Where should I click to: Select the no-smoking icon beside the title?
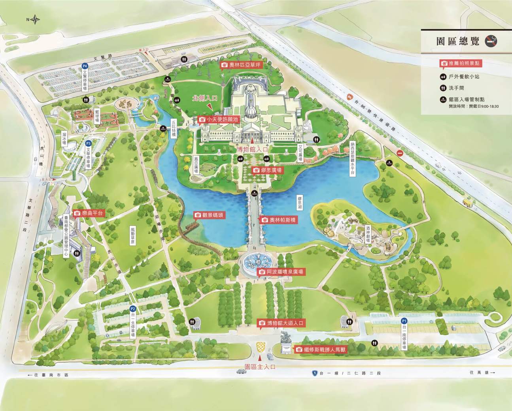coord(491,40)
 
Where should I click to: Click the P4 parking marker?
coord(84,66)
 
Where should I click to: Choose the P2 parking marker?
coord(133,309)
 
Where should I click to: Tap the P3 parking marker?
coord(89,143)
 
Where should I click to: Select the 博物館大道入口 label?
coord(281,323)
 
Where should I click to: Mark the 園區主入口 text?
coord(260,367)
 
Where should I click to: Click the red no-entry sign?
coord(400,154)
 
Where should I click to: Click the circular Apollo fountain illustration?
coord(257,261)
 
